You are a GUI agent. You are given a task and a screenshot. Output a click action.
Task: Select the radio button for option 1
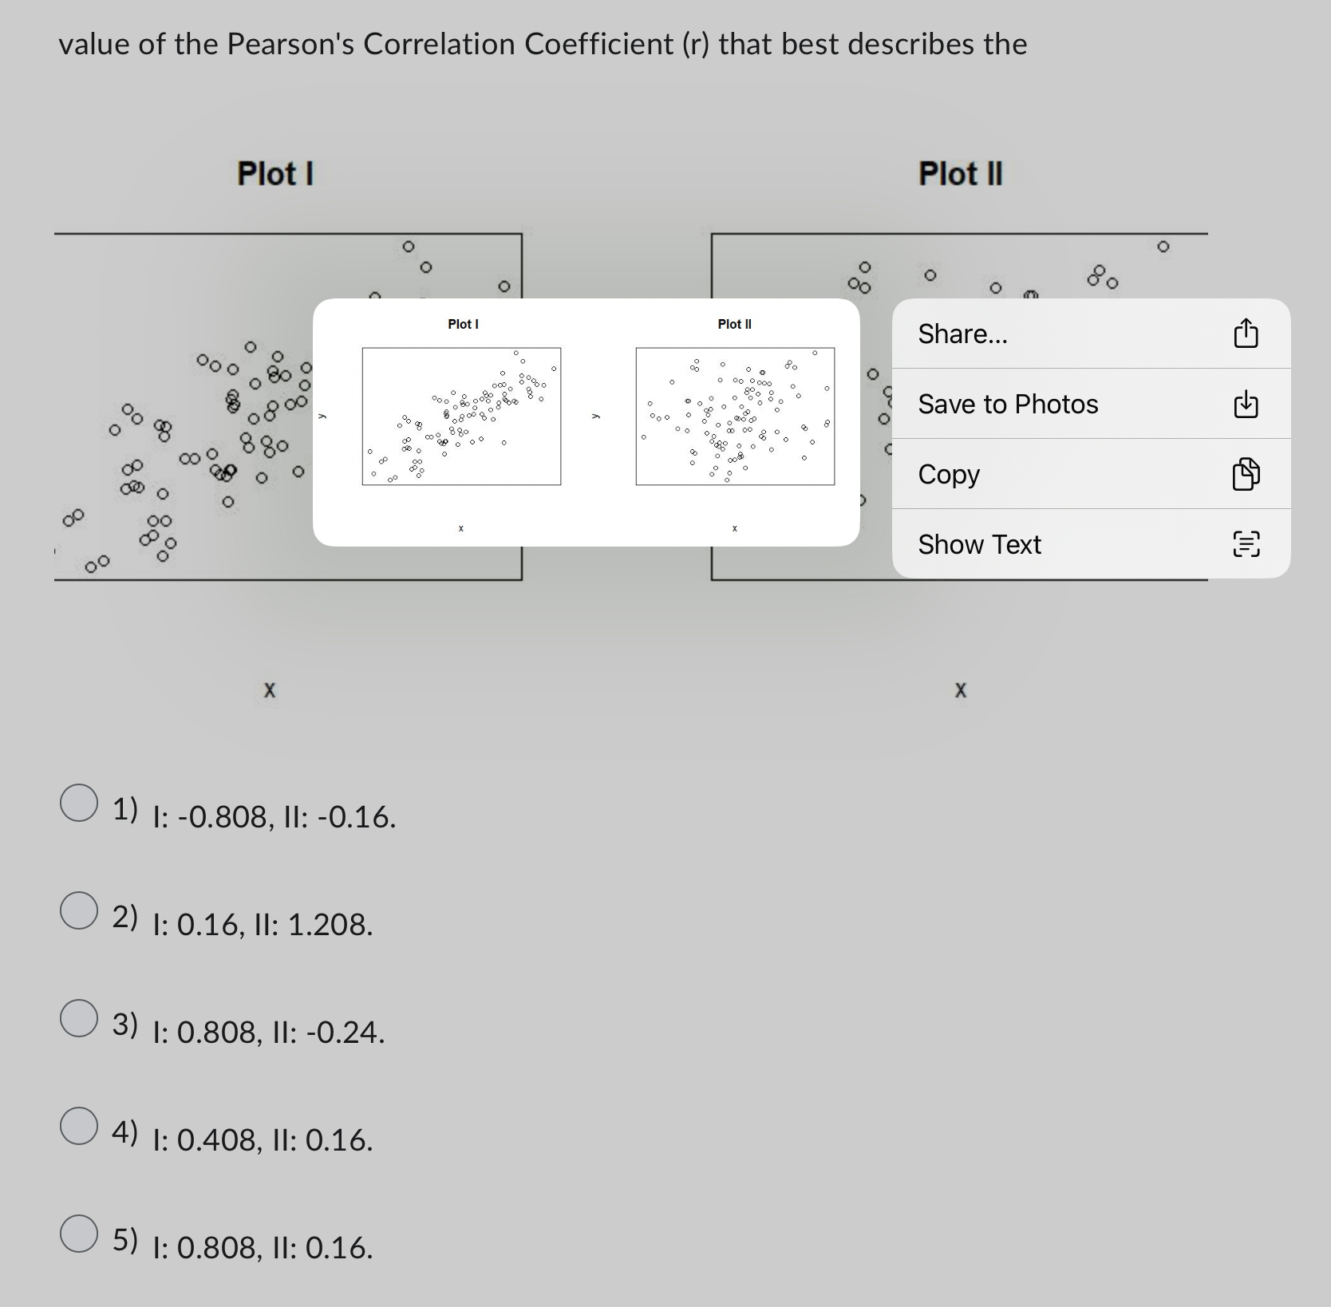pyautogui.click(x=79, y=803)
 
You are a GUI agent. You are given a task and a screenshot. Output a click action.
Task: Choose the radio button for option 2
pyautogui.click(x=79, y=910)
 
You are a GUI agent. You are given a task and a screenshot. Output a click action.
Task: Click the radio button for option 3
pyautogui.click(x=79, y=1018)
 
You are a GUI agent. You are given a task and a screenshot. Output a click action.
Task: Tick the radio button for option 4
pyautogui.click(x=79, y=1126)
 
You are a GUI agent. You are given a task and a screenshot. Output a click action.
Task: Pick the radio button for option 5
pyautogui.click(x=79, y=1234)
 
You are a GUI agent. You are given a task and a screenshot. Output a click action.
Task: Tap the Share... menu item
pyautogui.click(x=962, y=334)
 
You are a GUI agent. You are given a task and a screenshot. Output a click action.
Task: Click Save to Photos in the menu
pyautogui.click(x=1008, y=404)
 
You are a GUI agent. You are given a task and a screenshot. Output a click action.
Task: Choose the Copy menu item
pyautogui.click(x=949, y=474)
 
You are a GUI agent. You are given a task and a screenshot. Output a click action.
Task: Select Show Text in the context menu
pyautogui.click(x=979, y=544)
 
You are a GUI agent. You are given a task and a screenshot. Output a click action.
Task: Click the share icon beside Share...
pyautogui.click(x=1246, y=334)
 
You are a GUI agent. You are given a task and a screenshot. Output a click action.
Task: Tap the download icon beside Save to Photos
pyautogui.click(x=1246, y=405)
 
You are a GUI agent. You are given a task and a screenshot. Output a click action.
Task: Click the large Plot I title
pyautogui.click(x=275, y=173)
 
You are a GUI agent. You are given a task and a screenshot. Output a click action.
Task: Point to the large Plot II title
pyautogui.click(x=960, y=173)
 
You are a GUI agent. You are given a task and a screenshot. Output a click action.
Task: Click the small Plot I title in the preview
pyautogui.click(x=463, y=324)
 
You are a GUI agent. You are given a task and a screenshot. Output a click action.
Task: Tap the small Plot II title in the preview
pyautogui.click(x=734, y=324)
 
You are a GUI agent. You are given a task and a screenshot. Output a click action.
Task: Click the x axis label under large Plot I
pyautogui.click(x=270, y=690)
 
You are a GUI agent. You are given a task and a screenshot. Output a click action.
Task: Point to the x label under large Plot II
pyautogui.click(x=960, y=690)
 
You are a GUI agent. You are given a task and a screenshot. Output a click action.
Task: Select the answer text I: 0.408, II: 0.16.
pyautogui.click(x=263, y=1140)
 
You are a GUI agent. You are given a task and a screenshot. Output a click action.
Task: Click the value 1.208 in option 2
pyautogui.click(x=329, y=925)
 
